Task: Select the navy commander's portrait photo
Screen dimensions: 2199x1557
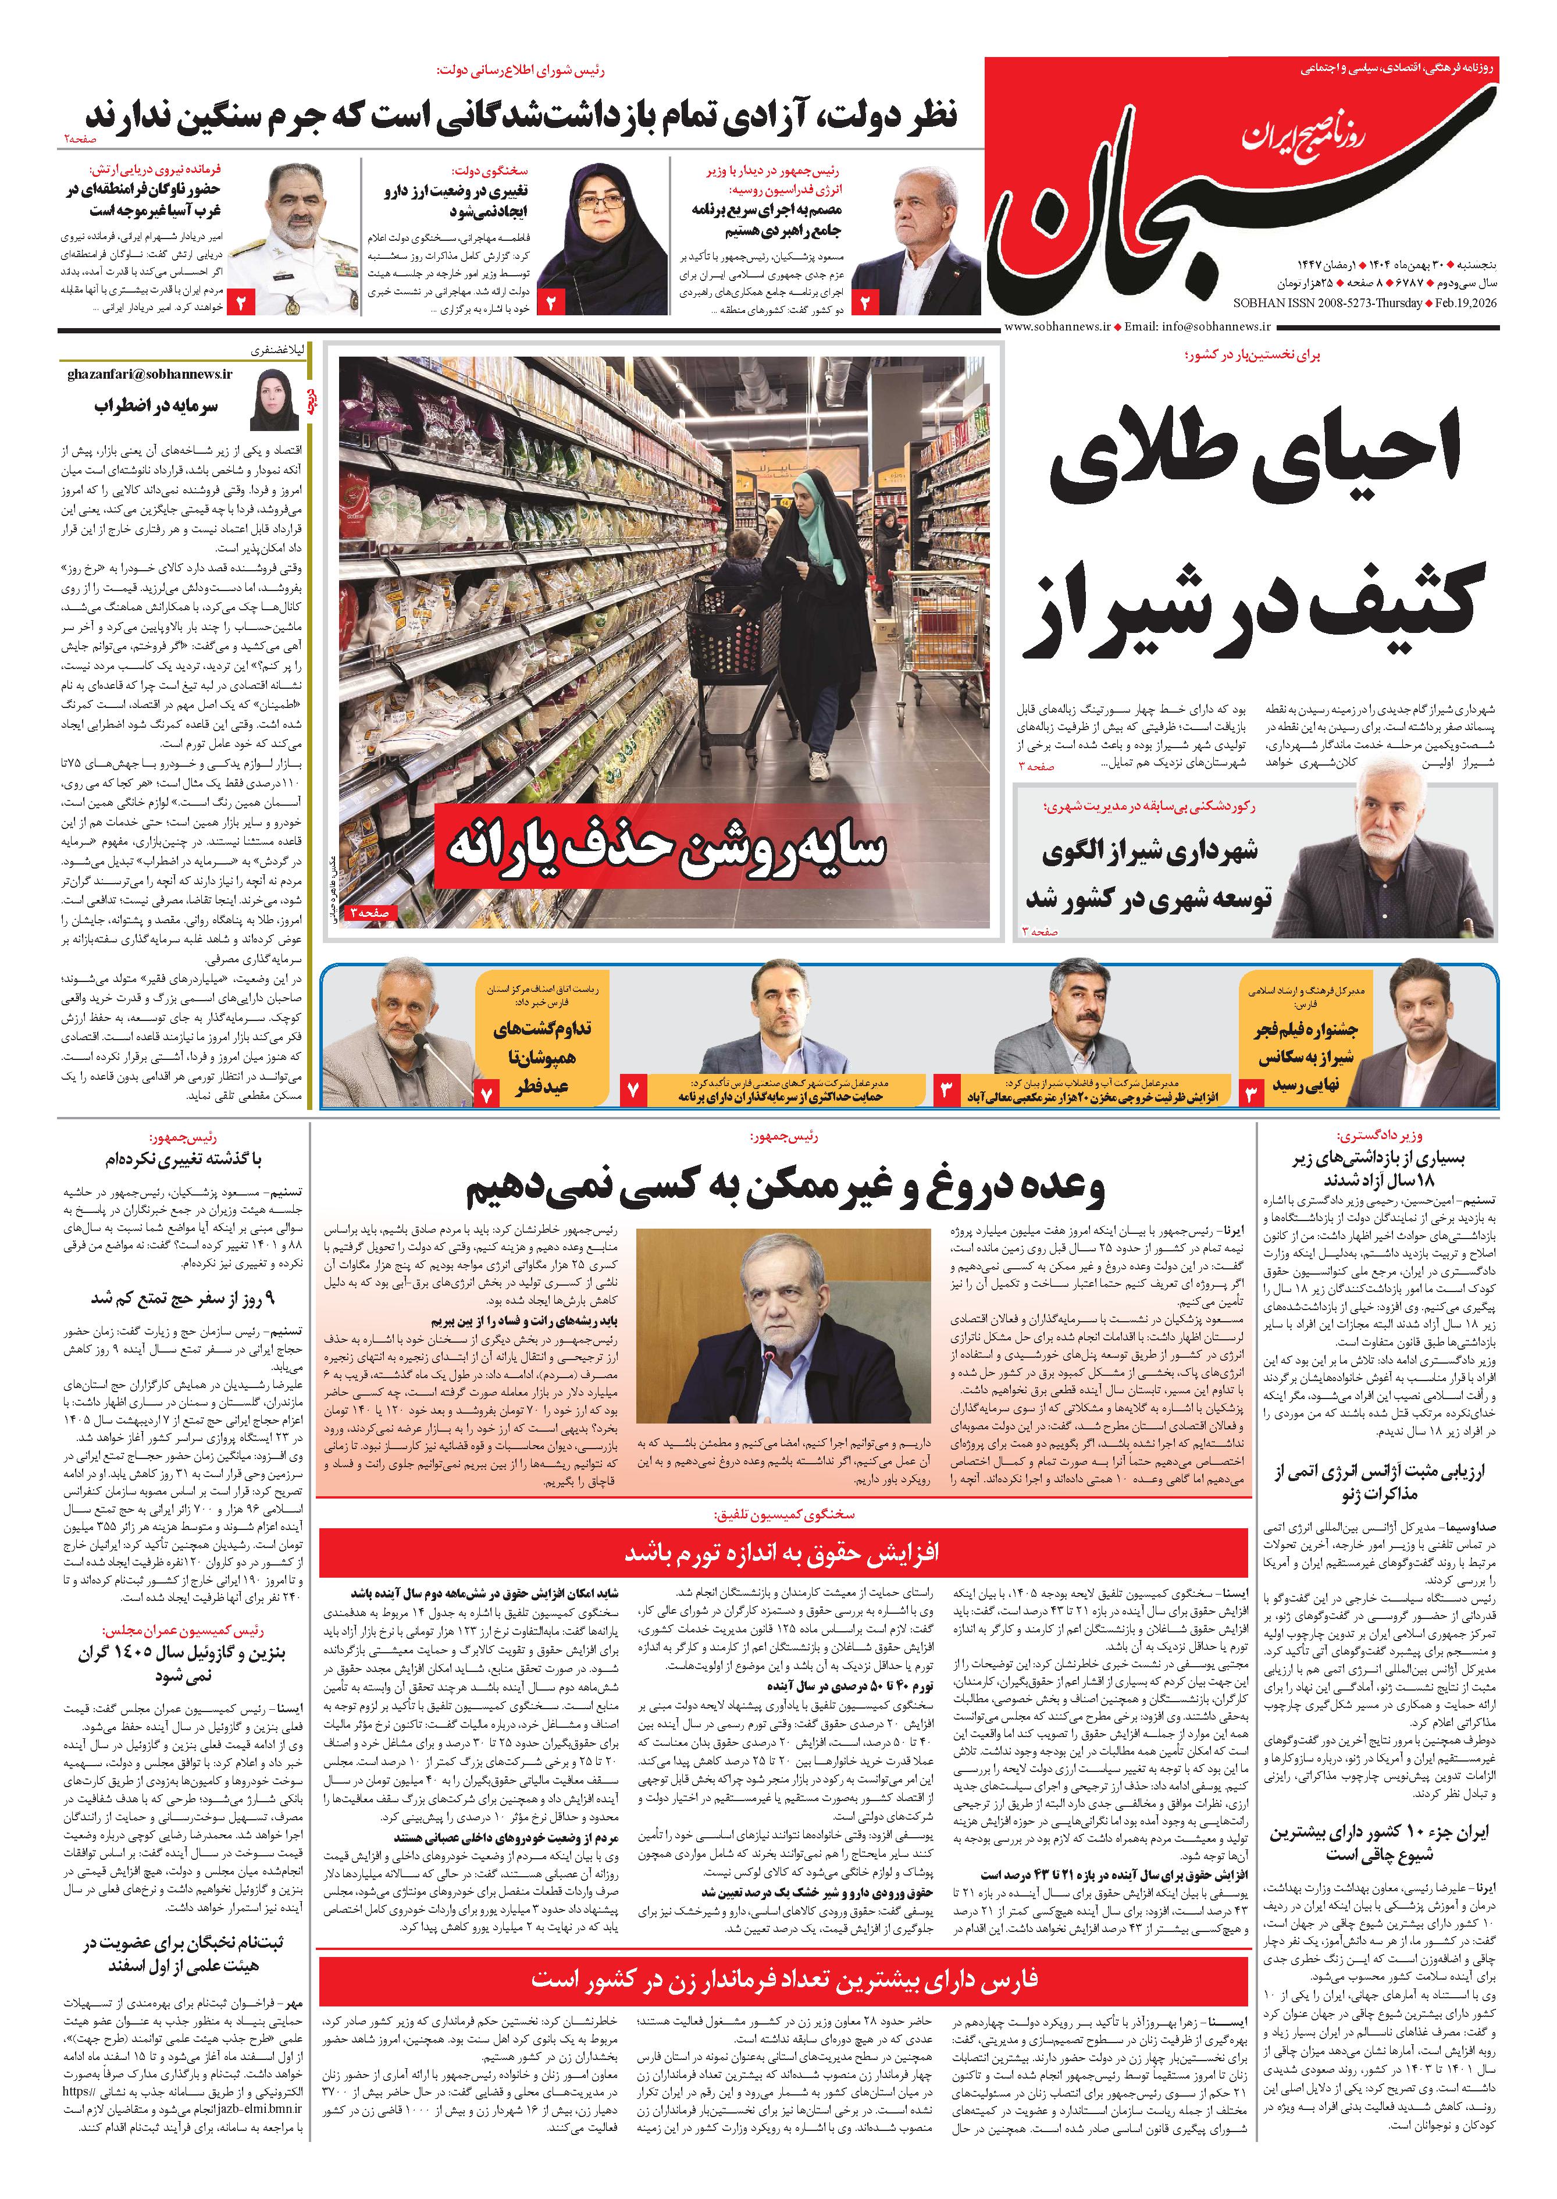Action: (295, 240)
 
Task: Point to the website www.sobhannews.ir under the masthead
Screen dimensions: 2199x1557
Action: (1057, 327)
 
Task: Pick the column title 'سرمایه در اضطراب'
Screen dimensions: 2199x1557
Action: (156, 407)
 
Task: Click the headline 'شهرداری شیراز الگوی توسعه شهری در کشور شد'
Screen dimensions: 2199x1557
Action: (1149, 874)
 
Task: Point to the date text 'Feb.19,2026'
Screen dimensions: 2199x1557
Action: (1465, 303)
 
